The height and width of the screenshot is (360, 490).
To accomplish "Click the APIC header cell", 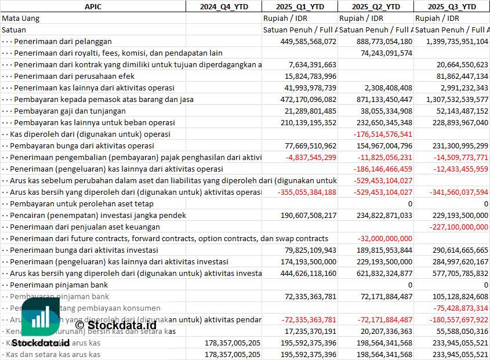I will coord(93,6).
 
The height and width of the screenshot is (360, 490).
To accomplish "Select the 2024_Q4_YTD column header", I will coord(223,6).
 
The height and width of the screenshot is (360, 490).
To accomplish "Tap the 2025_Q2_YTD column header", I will coord(376,6).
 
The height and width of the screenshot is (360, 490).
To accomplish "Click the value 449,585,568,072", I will coord(300,41).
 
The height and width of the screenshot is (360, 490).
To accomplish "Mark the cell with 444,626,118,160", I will coord(300,273).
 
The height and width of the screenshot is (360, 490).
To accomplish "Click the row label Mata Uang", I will coord(21,18).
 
